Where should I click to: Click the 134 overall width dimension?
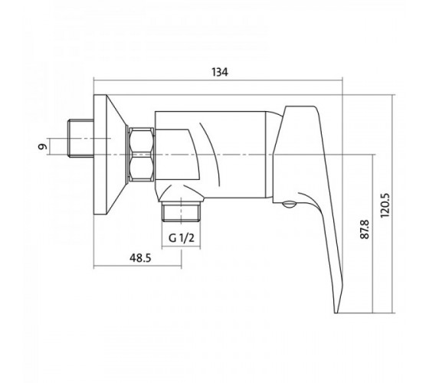coord(220,72)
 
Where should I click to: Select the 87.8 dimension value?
coord(365,229)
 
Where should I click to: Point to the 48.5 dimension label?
coord(140,258)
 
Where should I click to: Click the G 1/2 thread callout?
coord(182,238)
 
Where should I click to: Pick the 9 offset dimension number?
coord(42,146)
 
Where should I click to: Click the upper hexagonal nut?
coord(141,142)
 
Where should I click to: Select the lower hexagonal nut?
coord(141,168)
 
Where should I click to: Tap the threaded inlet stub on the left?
coord(80,138)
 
